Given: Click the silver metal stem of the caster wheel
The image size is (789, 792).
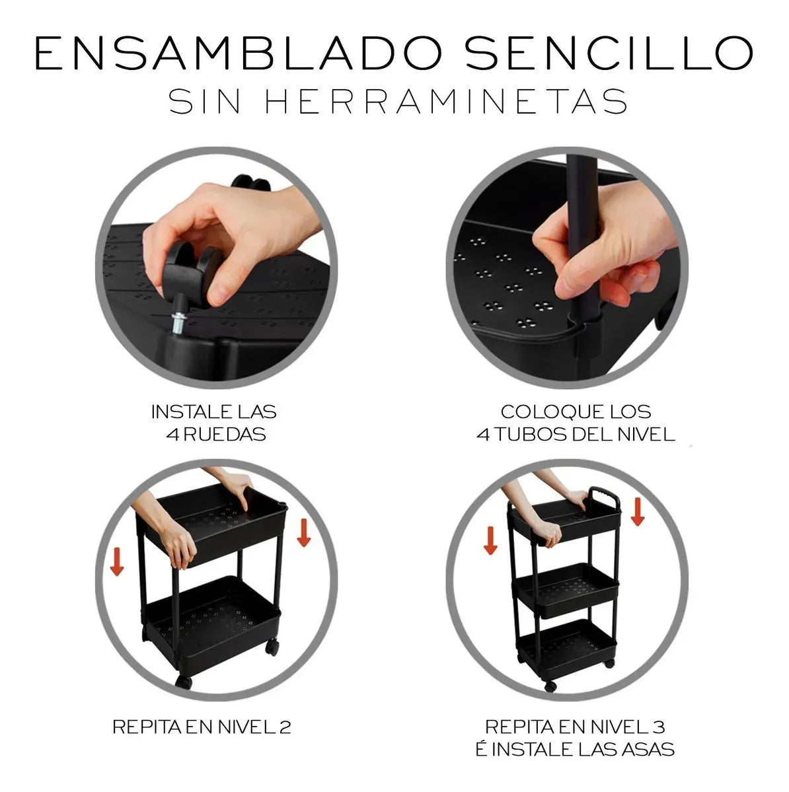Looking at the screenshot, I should click(x=178, y=320).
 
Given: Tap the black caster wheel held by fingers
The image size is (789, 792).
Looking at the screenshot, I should click(x=192, y=268).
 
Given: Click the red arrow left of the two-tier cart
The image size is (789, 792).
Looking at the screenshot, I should click(x=117, y=559).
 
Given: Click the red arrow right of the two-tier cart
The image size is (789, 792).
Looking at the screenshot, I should click(x=303, y=532).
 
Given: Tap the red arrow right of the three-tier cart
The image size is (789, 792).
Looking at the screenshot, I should click(x=637, y=511).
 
